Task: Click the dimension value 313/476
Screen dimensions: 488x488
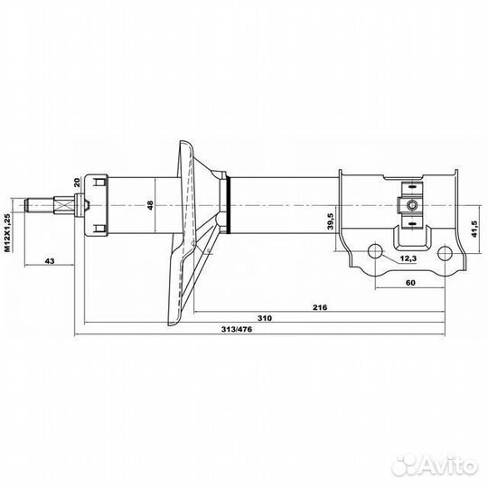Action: coord(237,329)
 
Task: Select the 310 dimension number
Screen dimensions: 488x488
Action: coord(265,318)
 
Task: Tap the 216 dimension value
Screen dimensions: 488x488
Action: coord(320,307)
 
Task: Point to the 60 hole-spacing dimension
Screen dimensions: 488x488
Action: coord(410,283)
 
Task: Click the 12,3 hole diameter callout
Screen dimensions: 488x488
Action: coord(408,258)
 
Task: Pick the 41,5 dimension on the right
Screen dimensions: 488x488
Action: coord(474,229)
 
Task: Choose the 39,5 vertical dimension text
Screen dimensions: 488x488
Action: coord(331,221)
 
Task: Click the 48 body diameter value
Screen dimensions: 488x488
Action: coord(150,205)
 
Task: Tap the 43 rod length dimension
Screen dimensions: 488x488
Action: coord(50,261)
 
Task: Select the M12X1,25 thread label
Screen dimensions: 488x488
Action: coord(8,232)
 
